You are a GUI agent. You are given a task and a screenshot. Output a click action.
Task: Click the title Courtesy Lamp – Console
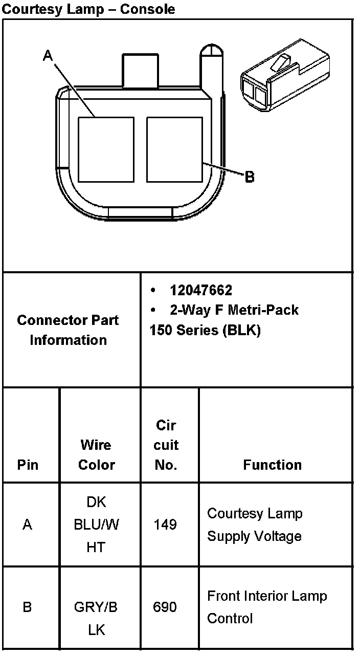click(x=88, y=9)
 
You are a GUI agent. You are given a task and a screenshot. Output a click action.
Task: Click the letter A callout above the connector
click(x=48, y=56)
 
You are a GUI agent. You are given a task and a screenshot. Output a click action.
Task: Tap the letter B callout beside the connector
click(x=250, y=177)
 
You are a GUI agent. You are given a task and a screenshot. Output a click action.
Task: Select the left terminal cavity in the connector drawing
click(x=106, y=149)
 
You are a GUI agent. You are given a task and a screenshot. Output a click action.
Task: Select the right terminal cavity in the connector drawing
click(x=174, y=149)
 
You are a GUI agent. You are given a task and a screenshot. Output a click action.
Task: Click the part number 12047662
click(x=201, y=291)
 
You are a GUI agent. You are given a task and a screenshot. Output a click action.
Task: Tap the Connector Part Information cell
click(x=68, y=330)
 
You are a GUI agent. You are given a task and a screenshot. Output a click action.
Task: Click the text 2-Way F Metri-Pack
click(x=234, y=310)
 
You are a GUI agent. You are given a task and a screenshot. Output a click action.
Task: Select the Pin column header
click(x=28, y=465)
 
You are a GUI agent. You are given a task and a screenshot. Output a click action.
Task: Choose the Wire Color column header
click(x=96, y=455)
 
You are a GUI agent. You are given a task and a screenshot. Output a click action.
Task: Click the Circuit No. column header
click(x=166, y=445)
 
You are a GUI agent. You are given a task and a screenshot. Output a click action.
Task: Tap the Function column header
click(x=272, y=465)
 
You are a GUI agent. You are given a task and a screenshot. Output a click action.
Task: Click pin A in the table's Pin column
click(x=28, y=525)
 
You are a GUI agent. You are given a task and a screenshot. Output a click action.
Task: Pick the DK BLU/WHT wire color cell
click(x=96, y=525)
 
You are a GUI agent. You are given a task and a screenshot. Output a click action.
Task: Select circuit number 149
click(x=165, y=525)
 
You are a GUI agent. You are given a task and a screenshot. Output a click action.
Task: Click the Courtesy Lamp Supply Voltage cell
click(x=255, y=525)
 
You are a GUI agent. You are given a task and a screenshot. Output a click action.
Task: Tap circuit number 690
click(x=165, y=607)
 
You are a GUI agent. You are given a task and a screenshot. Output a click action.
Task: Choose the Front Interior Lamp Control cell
click(x=267, y=607)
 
